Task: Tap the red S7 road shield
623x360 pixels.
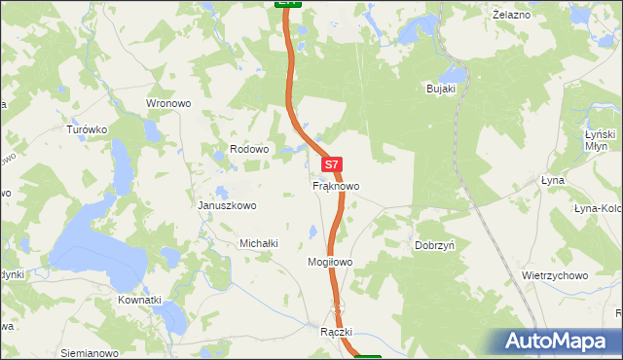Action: click(332, 165)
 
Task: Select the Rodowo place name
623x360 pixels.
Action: click(248, 149)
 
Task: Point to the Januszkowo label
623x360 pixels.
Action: click(227, 205)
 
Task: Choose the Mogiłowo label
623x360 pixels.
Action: click(329, 263)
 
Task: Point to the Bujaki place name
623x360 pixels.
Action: click(442, 89)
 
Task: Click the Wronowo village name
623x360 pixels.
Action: click(165, 102)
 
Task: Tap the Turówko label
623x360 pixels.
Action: click(86, 128)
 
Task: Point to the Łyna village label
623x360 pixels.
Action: click(552, 182)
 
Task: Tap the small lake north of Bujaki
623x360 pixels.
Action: click(453, 73)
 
